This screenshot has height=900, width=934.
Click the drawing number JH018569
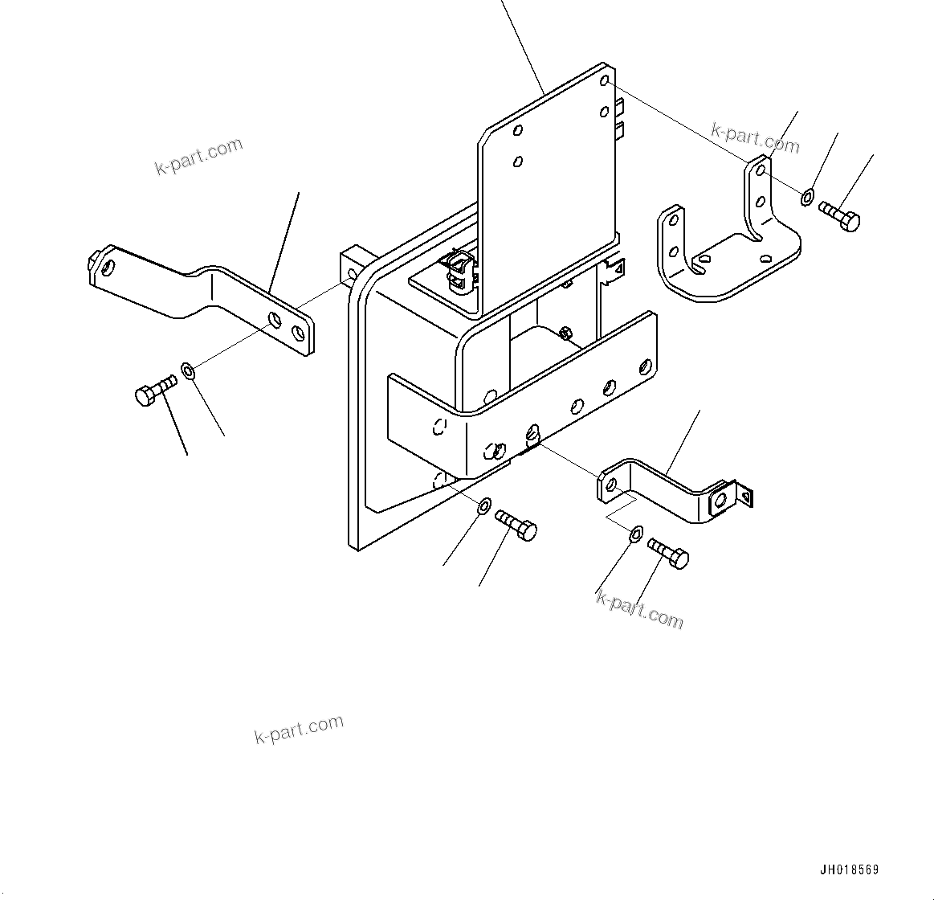849,870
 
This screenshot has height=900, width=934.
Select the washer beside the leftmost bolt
189,371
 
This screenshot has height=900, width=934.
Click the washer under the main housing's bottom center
484,506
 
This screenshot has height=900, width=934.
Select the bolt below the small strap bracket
669,554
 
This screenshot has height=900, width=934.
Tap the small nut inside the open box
565,332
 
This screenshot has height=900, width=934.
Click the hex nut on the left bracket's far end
95,259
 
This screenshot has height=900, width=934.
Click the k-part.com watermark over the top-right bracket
755,137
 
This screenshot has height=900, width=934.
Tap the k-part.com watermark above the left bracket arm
198,156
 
